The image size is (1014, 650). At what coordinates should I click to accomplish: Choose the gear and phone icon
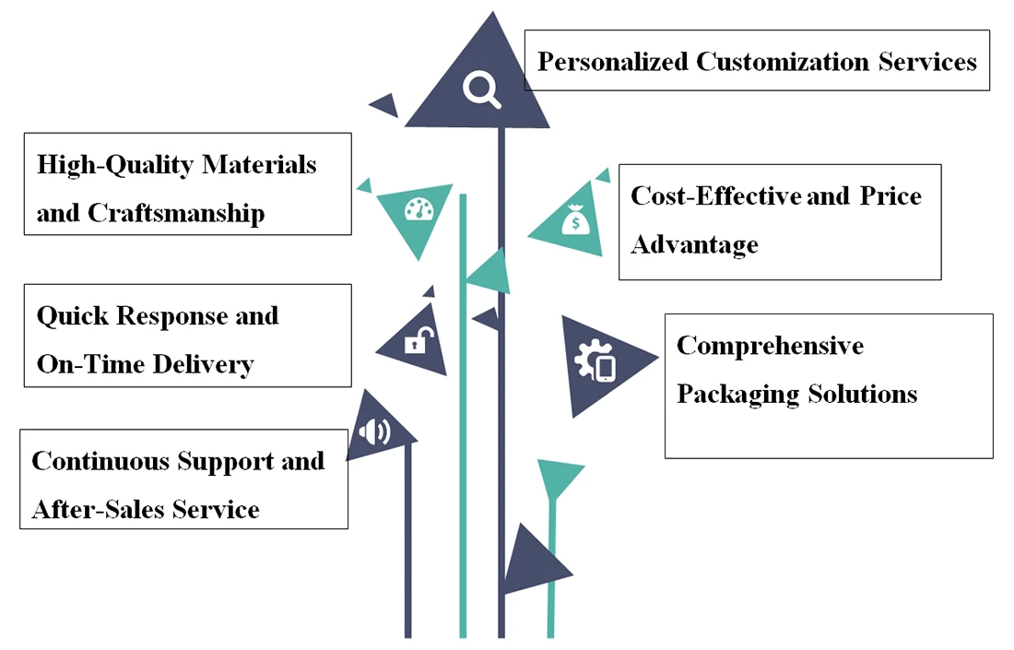coord(595,362)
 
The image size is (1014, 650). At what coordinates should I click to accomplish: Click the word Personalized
coord(612,62)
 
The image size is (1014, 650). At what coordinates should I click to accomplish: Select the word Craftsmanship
coord(176,214)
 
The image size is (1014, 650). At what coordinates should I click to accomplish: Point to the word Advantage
coord(694,245)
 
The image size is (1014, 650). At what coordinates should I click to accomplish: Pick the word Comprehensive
coord(770,346)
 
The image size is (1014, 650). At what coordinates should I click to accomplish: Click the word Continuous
coord(100,461)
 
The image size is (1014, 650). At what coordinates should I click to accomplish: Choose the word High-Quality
coord(114,165)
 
